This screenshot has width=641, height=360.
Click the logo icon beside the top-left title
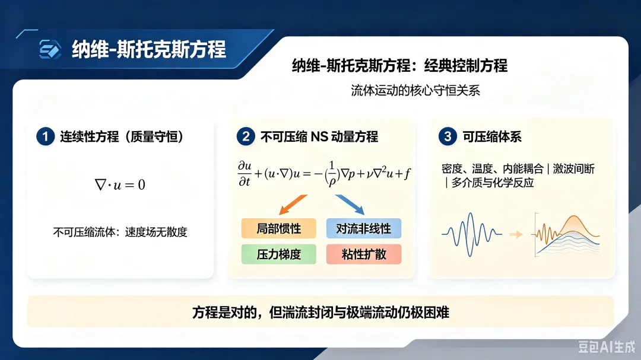(x=50, y=49)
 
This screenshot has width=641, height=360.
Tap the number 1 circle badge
(x=45, y=136)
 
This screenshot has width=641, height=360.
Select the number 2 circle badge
(x=246, y=136)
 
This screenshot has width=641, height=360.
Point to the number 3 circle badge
(x=448, y=136)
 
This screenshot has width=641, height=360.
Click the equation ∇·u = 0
(x=120, y=184)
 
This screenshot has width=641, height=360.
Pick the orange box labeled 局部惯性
(x=279, y=228)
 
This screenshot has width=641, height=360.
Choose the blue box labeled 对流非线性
(x=364, y=228)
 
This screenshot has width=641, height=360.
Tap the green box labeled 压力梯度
(x=279, y=254)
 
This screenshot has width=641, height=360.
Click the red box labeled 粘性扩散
(x=364, y=254)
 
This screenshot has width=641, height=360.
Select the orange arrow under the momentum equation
(x=293, y=204)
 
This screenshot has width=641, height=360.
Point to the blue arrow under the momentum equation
(x=350, y=204)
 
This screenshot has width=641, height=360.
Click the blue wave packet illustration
(x=472, y=234)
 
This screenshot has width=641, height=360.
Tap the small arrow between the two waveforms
(x=516, y=234)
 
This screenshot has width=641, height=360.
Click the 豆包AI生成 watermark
(x=607, y=347)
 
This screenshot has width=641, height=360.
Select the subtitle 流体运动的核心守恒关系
(x=415, y=90)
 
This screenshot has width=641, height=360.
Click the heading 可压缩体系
(x=492, y=136)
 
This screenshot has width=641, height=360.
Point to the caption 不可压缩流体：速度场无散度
(x=120, y=232)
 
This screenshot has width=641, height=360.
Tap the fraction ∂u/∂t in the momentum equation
(x=245, y=174)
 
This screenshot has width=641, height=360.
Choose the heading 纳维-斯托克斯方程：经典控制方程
(x=400, y=65)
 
